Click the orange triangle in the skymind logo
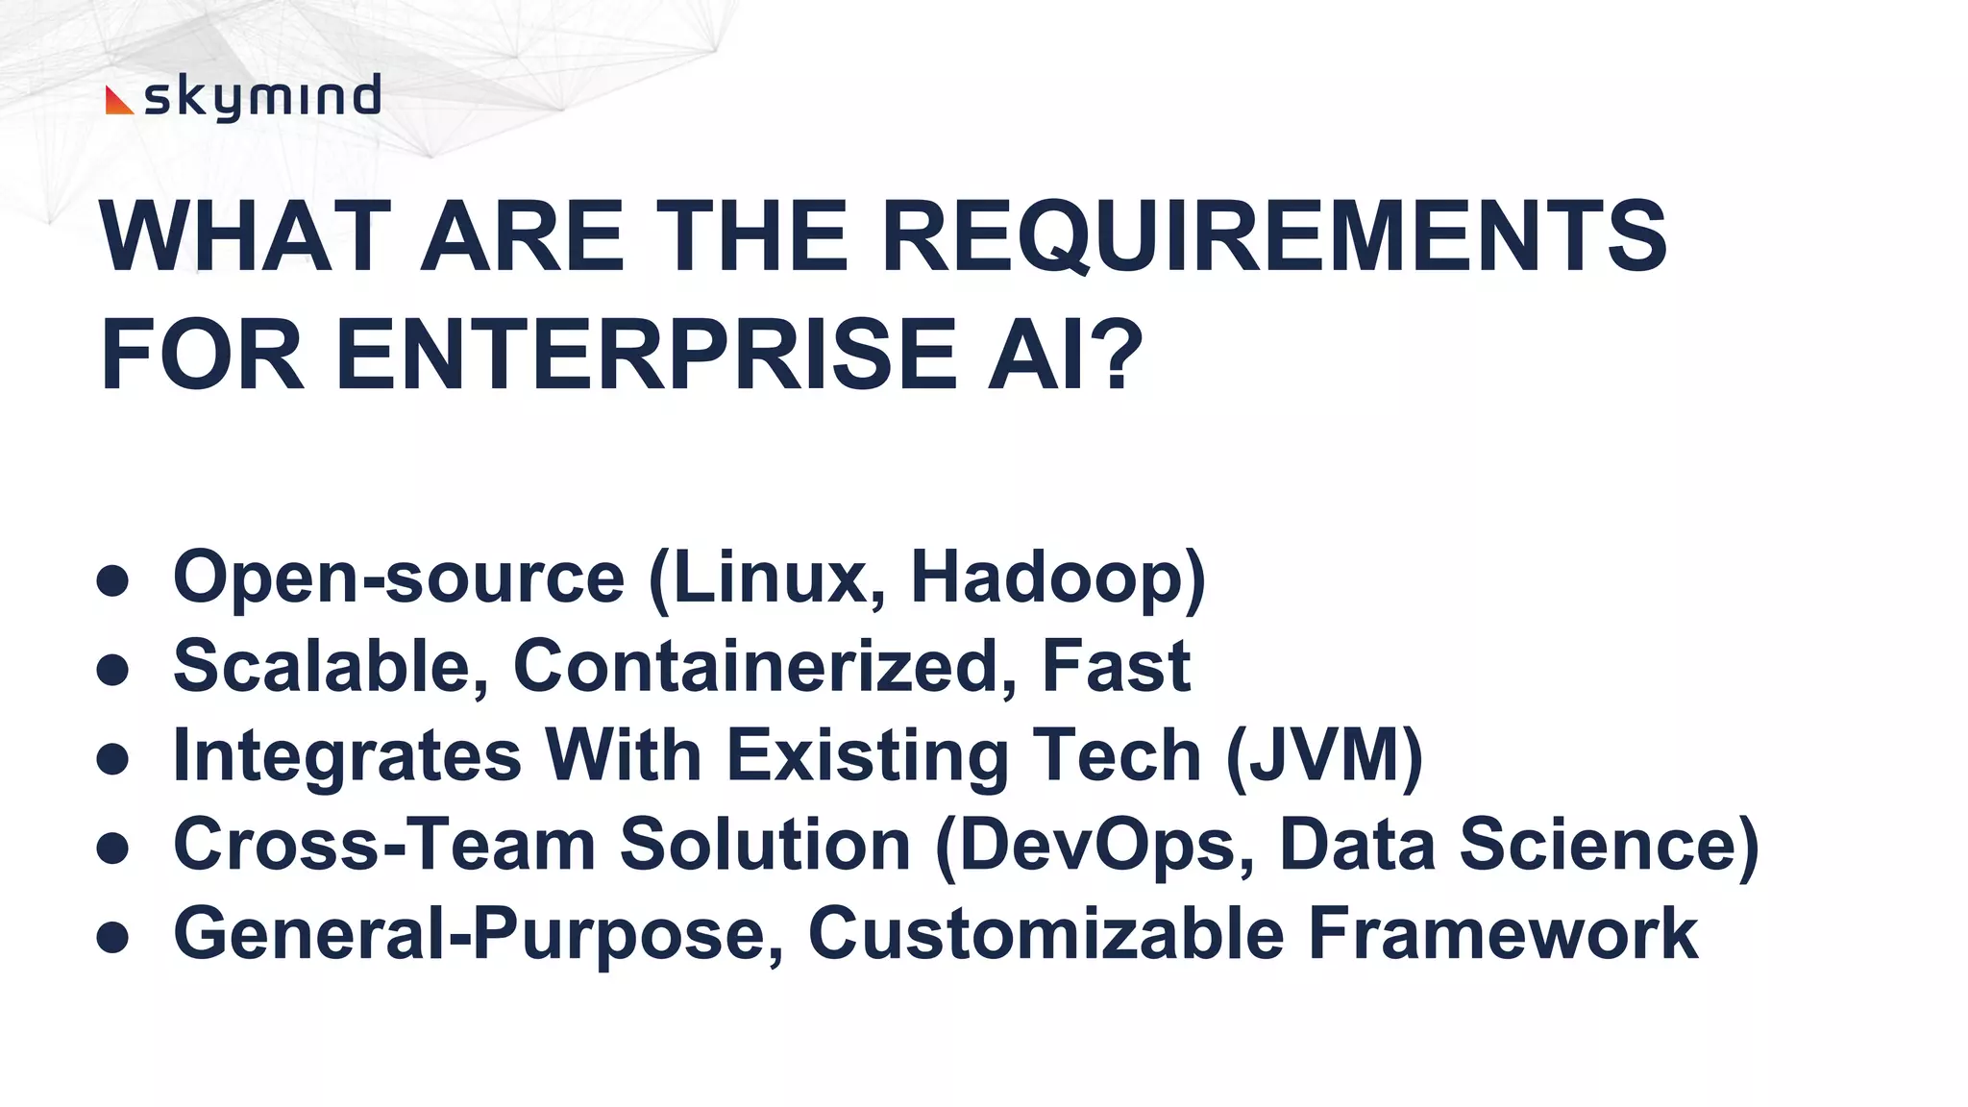point(117,101)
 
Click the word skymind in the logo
point(261,97)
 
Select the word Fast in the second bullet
point(1116,665)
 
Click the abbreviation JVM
point(1324,754)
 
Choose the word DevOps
point(1095,844)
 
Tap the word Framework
point(1503,933)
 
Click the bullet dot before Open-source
point(113,580)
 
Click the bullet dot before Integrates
point(113,759)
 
